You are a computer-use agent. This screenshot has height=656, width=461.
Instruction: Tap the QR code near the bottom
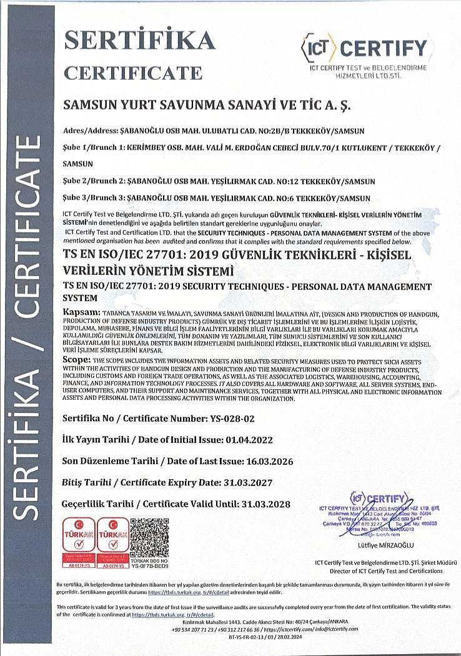(151, 535)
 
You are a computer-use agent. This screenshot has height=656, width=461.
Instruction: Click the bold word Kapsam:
(81, 312)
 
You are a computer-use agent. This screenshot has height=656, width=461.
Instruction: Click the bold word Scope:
(77, 361)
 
